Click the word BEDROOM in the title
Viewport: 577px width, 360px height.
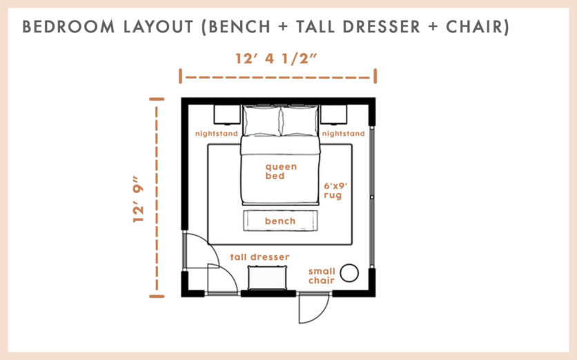tap(63, 27)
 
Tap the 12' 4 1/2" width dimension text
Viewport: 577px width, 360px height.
tap(277, 59)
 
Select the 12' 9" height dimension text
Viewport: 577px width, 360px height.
tap(141, 197)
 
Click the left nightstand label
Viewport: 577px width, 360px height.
tap(216, 133)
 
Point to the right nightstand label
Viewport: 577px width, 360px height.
tap(344, 133)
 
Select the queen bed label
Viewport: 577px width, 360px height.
tap(281, 171)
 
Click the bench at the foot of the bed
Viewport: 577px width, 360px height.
tap(280, 221)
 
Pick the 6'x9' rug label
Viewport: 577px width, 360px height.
tap(334, 190)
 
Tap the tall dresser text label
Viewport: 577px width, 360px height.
tap(260, 257)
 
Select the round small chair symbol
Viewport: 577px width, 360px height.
tap(351, 273)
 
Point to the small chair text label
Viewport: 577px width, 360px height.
tap(322, 276)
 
